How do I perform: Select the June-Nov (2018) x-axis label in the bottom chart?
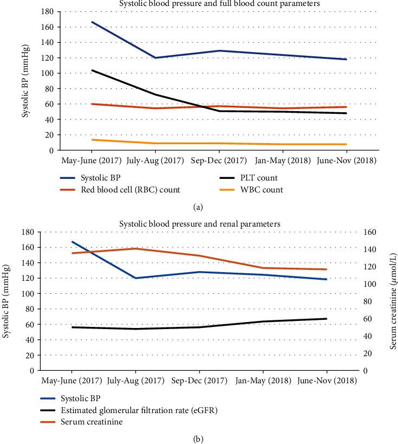328,380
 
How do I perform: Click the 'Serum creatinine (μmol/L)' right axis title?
393,301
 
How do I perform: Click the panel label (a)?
198,206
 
